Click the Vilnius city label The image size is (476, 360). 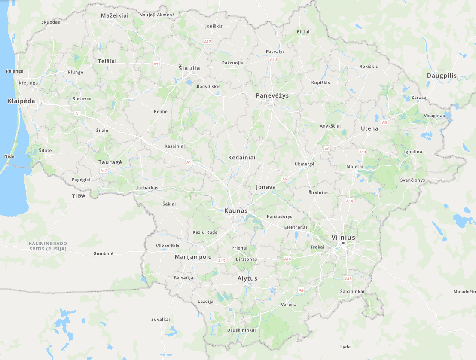(x=343, y=237)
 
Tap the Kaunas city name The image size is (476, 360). (x=236, y=211)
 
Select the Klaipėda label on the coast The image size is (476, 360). (x=21, y=101)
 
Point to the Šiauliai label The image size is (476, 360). (x=190, y=68)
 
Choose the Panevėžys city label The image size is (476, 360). (x=272, y=95)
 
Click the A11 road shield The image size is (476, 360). (x=157, y=64)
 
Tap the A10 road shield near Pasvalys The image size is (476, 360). (x=273, y=59)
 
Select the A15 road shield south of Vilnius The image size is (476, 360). (x=348, y=279)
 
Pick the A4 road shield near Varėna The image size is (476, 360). (x=301, y=290)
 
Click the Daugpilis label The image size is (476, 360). (x=442, y=76)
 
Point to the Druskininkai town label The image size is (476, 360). (x=241, y=330)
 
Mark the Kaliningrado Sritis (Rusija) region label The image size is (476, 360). (x=48, y=246)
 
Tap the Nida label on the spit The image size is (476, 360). (x=9, y=156)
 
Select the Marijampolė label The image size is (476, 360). (x=193, y=256)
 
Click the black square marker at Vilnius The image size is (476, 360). (x=343, y=244)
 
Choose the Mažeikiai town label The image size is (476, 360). (x=115, y=15)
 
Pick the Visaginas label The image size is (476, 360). (x=434, y=116)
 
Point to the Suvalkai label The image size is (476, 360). (x=161, y=319)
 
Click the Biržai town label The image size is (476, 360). (x=303, y=32)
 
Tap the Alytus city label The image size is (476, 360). (x=247, y=278)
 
